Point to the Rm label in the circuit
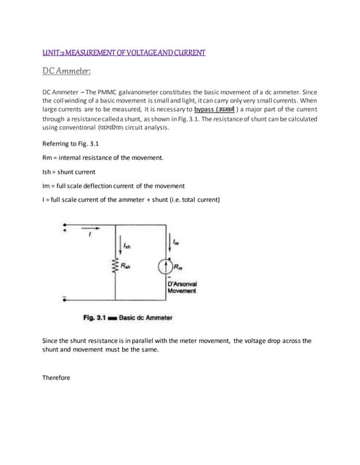177,265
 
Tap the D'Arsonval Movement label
183,287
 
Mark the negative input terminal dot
65,318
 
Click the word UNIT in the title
52,52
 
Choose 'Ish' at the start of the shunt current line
48,172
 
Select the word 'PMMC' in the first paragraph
116,93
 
